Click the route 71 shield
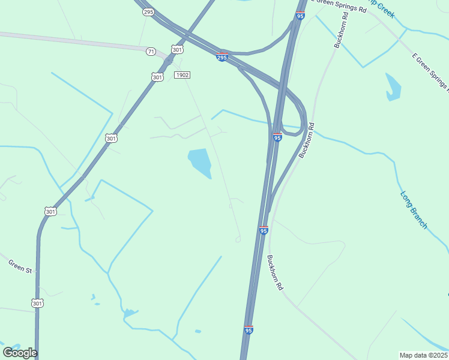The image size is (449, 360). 151,52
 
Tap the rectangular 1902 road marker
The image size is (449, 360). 182,75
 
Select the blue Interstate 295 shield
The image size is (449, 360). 222,56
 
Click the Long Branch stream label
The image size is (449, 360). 414,210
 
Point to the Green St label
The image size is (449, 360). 20,266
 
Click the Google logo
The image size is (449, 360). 20,353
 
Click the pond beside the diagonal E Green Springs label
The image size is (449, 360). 393,88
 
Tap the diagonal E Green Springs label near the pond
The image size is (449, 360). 430,74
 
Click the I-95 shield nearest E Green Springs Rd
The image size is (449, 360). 300,16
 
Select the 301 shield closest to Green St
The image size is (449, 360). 37,303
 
